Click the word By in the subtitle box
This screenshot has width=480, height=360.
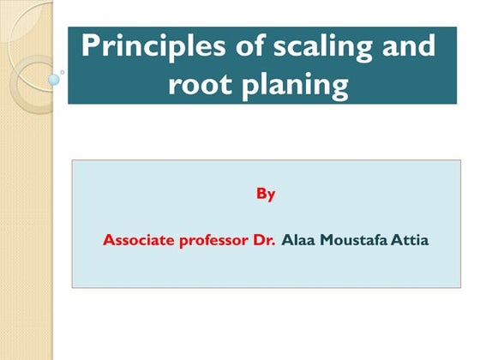266,195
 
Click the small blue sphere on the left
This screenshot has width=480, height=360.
55,80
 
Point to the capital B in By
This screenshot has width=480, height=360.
261,194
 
